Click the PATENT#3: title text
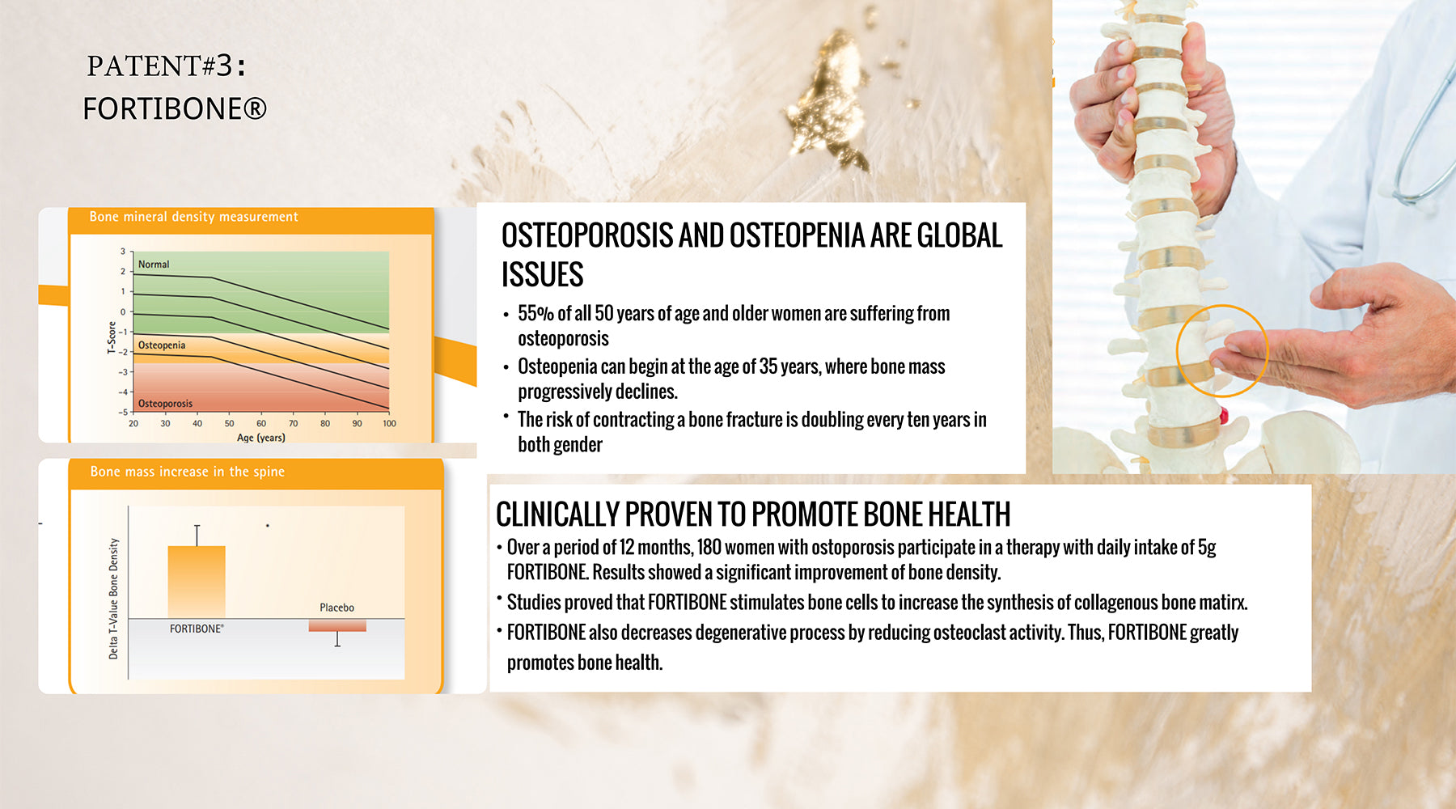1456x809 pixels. coord(166,66)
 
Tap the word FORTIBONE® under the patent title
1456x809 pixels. coord(175,108)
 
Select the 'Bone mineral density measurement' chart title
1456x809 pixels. coord(193,217)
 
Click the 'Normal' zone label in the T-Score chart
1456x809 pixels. coord(154,265)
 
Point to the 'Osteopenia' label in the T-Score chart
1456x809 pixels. coord(162,345)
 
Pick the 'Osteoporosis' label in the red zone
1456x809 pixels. coord(165,404)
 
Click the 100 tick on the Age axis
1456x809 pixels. coord(389,423)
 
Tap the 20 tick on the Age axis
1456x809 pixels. coord(133,423)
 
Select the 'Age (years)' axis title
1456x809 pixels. coord(260,438)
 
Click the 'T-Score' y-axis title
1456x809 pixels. coord(112,337)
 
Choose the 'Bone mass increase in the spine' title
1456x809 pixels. coord(188,472)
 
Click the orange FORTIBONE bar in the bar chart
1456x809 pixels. coord(197,582)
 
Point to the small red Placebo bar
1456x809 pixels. coord(337,625)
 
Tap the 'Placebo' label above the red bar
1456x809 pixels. coord(336,608)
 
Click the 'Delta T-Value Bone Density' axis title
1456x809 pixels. coord(113,599)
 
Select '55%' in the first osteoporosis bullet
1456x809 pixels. coord(535,313)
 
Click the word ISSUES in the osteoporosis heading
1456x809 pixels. coord(542,275)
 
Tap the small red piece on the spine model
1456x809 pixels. coord(1224,417)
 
